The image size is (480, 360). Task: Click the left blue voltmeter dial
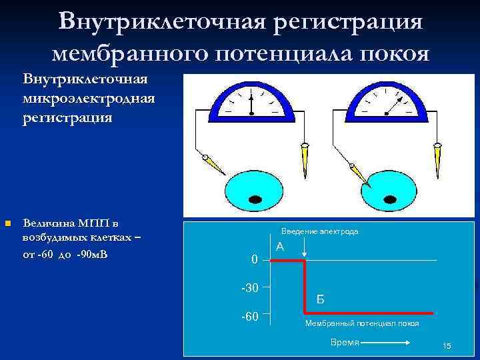251,104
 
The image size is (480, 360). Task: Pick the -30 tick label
249,287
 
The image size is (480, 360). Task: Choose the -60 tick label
249,315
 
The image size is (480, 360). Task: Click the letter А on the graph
280,247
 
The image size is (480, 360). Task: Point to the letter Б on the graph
321,299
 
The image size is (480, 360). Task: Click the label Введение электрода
319,231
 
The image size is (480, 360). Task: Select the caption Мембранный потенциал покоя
362,323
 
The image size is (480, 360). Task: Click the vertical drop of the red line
305,287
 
